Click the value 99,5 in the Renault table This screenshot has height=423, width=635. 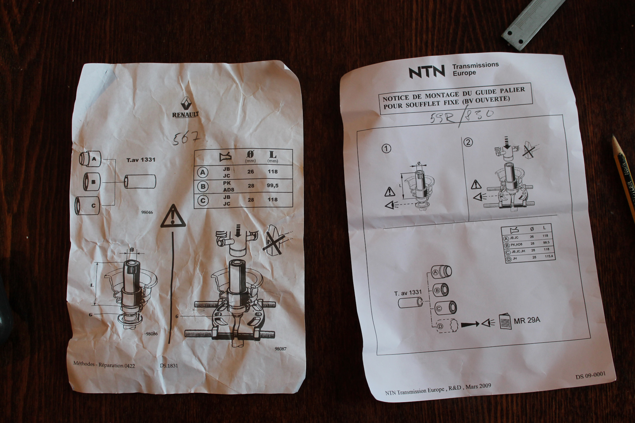coord(273,186)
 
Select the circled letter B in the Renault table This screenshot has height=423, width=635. coord(203,186)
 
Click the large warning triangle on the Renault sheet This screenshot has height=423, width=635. coord(173,217)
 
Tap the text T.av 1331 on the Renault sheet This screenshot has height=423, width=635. coord(141,160)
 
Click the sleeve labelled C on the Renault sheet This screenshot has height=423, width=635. coord(88,206)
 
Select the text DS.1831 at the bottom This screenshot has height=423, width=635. coord(169,365)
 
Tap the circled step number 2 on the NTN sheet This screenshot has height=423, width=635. coord(468,142)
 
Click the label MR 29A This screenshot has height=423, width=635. coord(527,320)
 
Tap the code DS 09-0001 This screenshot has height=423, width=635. coord(590,375)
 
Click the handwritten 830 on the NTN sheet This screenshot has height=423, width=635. coord(480,115)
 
